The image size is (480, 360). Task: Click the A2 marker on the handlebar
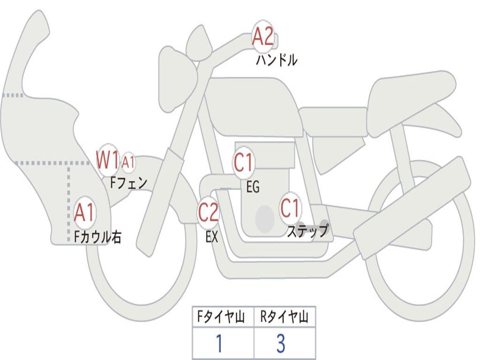click(262, 37)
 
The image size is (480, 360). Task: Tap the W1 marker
click(108, 160)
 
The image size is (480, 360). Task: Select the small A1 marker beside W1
click(128, 162)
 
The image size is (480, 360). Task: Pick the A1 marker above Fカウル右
click(85, 213)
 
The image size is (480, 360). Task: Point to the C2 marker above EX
click(208, 212)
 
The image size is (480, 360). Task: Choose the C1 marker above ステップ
click(290, 208)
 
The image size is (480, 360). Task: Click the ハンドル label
click(277, 60)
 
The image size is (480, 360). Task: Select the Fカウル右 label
click(98, 237)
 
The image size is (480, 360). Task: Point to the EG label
click(253, 187)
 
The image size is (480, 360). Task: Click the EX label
click(212, 237)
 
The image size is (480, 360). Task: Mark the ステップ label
click(307, 231)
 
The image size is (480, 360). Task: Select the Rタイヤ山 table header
click(284, 317)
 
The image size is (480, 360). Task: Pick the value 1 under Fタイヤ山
click(219, 344)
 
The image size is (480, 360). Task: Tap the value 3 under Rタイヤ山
click(280, 344)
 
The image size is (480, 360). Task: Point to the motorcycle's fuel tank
click(253, 105)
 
